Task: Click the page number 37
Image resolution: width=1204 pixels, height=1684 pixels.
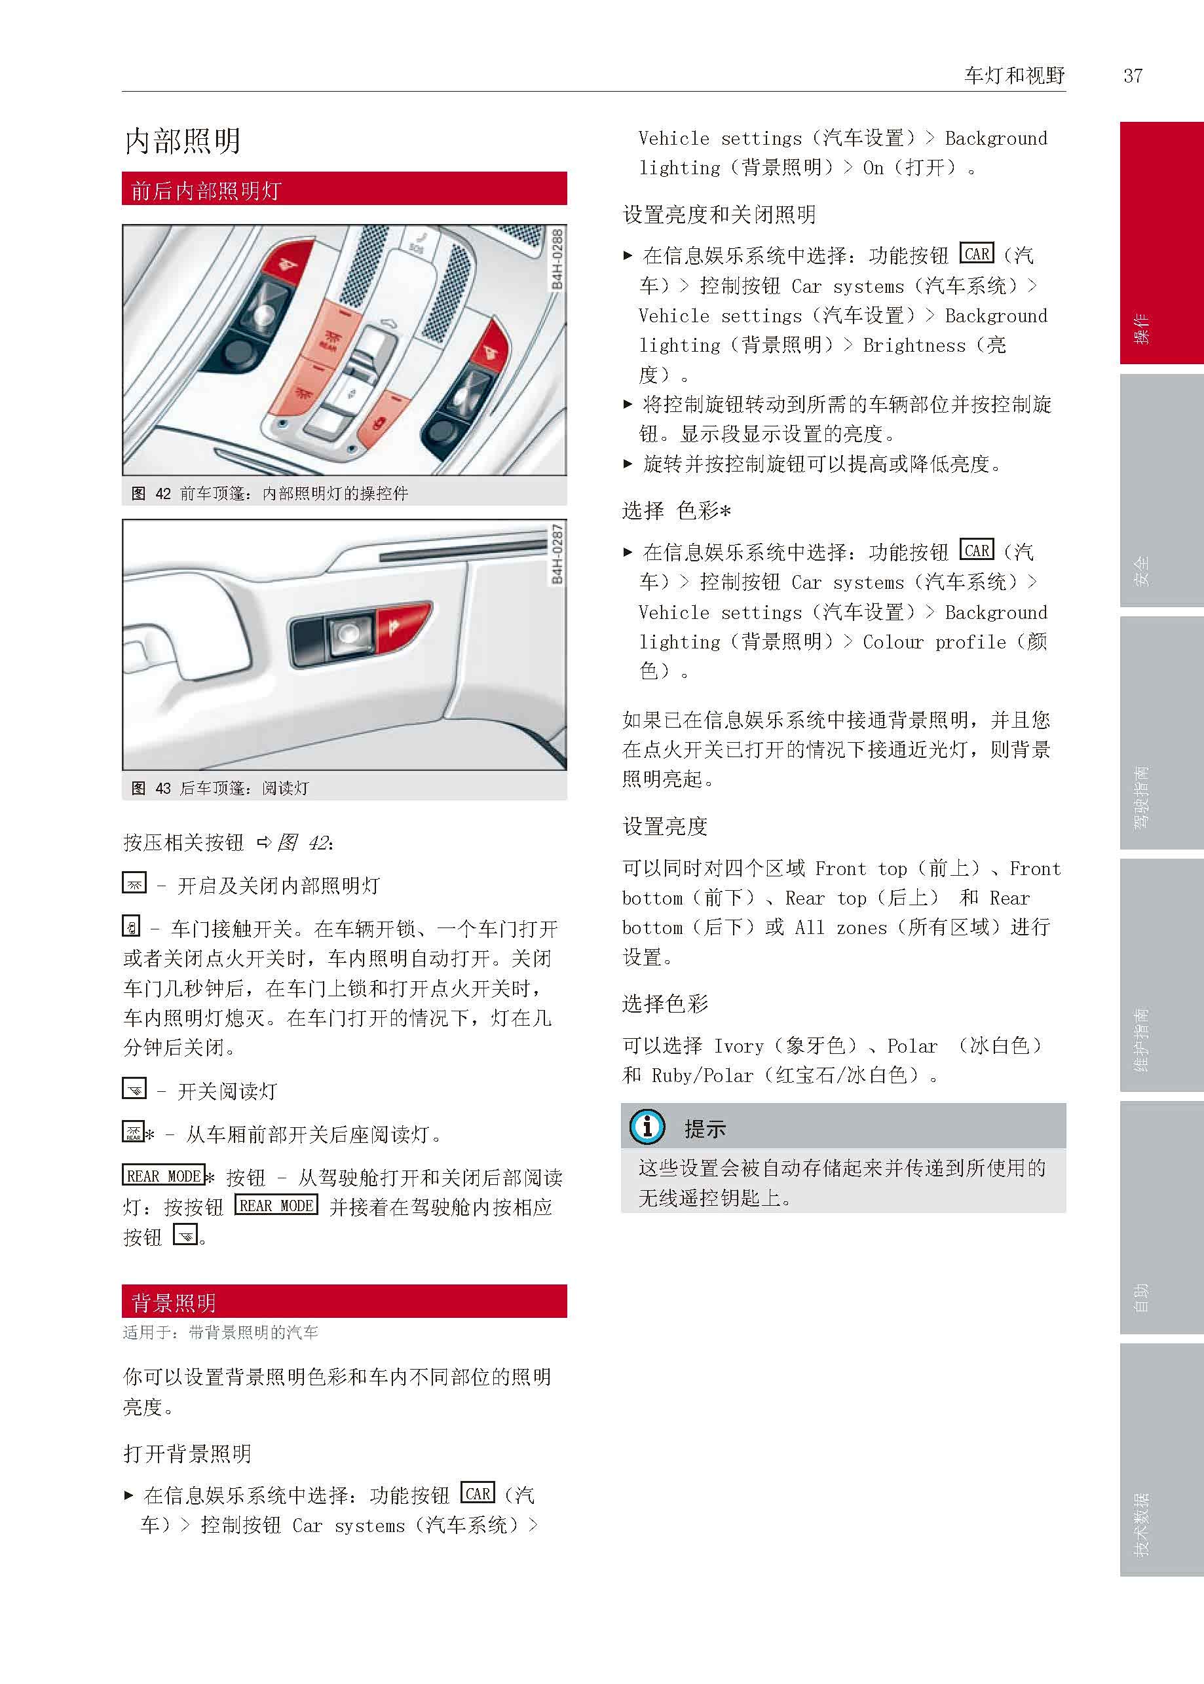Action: point(1133,75)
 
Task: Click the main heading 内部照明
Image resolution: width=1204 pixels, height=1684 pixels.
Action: point(182,141)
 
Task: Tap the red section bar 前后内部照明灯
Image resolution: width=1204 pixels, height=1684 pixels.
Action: point(344,189)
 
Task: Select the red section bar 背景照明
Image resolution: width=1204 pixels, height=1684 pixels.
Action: point(344,1301)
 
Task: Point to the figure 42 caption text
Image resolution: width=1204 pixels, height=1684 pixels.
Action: point(270,494)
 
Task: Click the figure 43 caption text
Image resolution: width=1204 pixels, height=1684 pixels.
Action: point(220,788)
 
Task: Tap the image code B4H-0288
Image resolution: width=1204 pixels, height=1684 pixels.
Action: point(557,259)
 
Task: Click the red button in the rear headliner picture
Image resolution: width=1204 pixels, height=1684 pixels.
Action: point(400,627)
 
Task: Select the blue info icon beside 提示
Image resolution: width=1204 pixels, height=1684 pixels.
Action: point(647,1127)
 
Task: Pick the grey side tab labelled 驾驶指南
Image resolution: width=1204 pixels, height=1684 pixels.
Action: point(1161,733)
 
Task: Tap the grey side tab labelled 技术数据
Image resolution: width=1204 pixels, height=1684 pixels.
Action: point(1161,1460)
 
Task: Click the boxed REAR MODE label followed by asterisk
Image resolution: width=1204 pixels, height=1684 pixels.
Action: point(163,1176)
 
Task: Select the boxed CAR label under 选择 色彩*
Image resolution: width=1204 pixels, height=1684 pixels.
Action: point(977,550)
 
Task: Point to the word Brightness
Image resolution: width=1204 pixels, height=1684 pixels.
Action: point(914,345)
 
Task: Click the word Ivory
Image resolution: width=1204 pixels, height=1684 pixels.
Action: point(738,1046)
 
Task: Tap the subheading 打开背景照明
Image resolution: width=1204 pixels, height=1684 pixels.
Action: point(187,1454)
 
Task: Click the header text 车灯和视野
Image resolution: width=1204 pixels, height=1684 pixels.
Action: point(1014,75)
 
